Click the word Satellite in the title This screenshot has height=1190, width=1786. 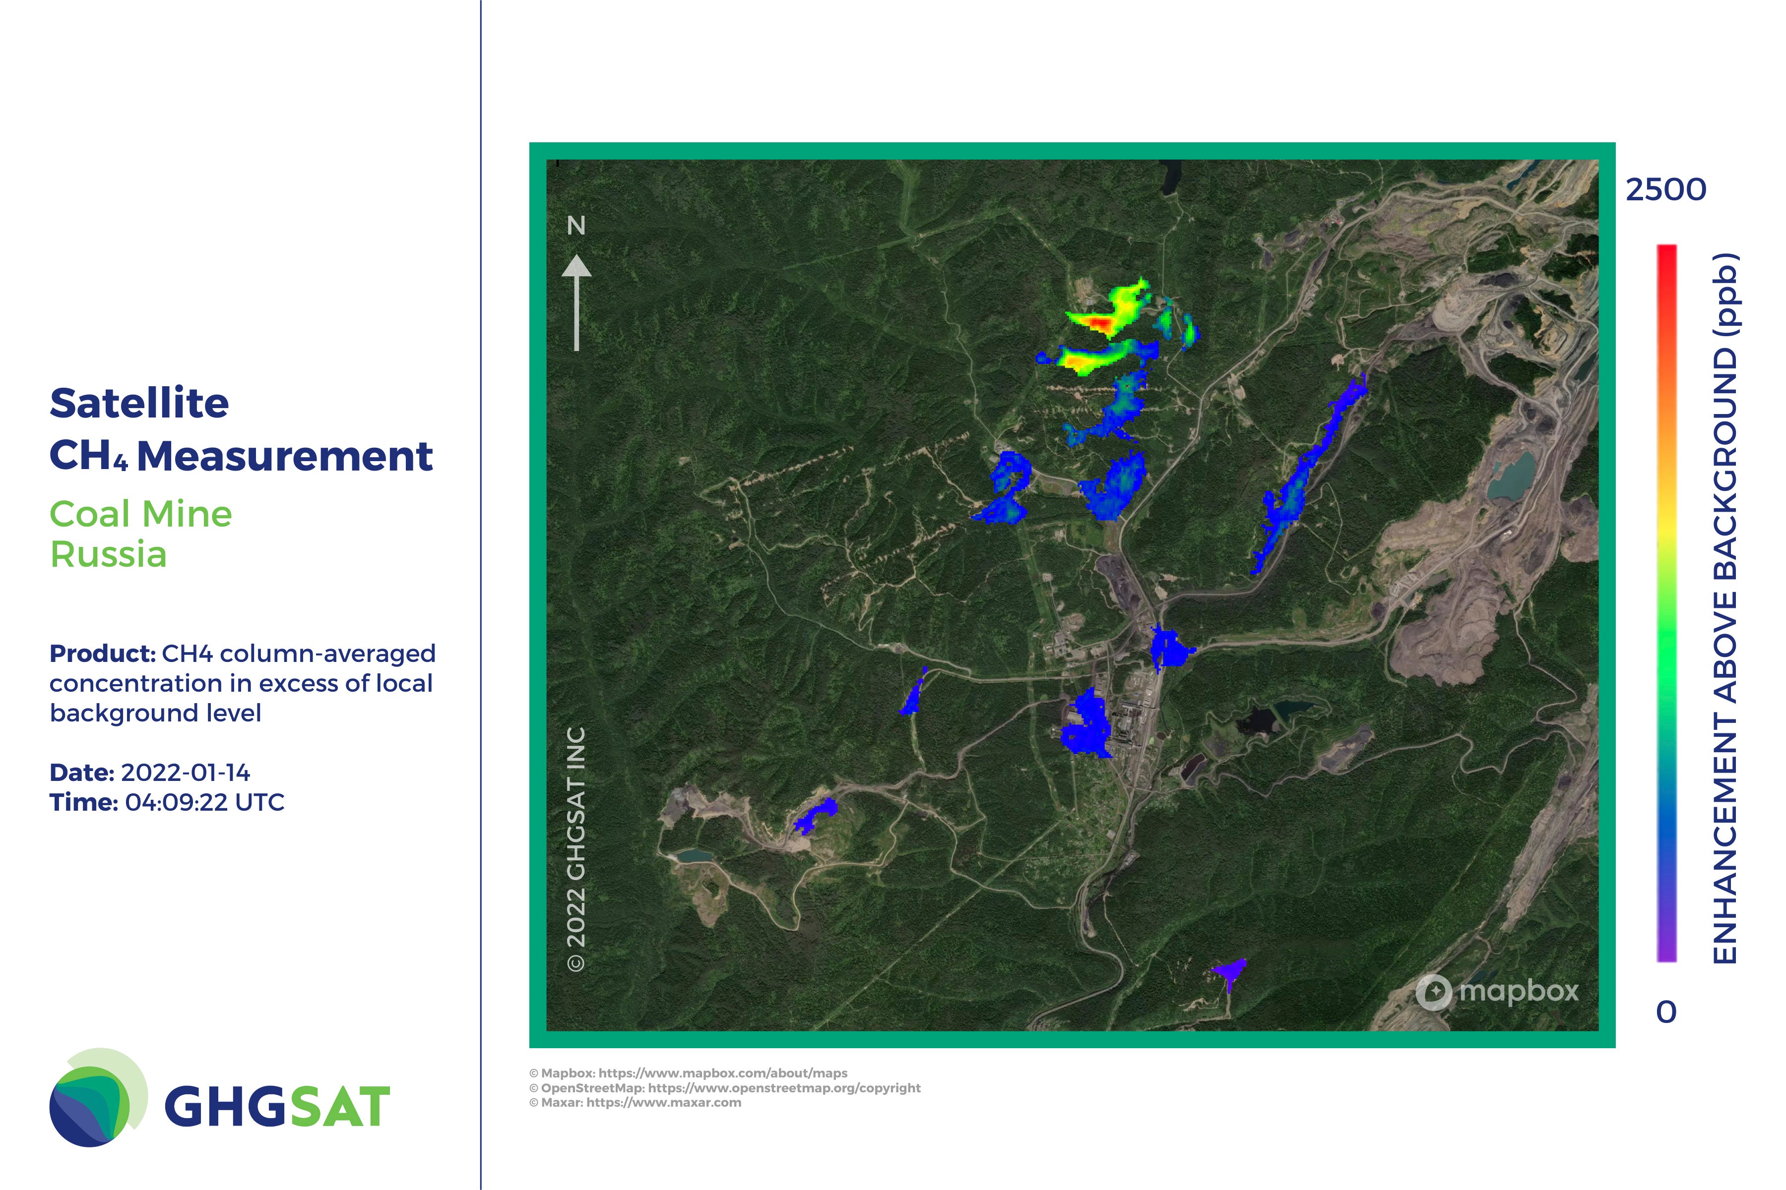pos(139,403)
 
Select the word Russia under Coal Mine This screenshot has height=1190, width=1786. pos(108,554)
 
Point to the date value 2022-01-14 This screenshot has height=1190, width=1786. pos(185,773)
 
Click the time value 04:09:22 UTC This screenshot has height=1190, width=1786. pos(205,802)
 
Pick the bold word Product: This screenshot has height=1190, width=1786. pos(103,654)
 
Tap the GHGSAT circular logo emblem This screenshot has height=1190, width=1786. pos(98,1097)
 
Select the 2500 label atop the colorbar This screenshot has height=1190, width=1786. pos(1666,190)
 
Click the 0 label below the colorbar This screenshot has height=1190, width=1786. pos(1666,1011)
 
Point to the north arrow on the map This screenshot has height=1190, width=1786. pos(576,302)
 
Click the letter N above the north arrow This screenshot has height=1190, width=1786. pos(576,226)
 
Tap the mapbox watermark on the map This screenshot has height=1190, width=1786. pos(1497,991)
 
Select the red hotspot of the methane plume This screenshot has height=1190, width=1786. pos(1098,324)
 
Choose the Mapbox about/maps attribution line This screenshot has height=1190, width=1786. pos(688,1073)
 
